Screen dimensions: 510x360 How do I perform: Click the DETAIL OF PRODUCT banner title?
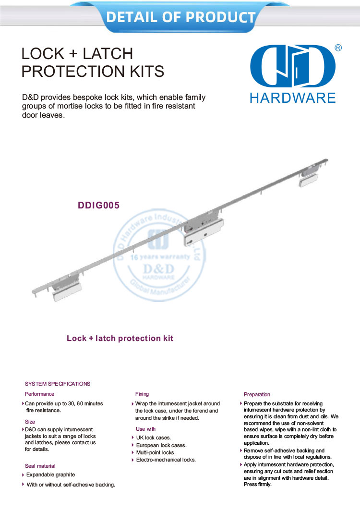point(180,17)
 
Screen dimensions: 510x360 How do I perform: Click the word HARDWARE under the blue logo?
point(292,98)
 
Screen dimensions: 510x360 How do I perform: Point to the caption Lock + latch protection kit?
point(120,339)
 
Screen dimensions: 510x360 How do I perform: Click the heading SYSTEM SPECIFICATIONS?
point(58,384)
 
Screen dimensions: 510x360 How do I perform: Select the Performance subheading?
point(39,394)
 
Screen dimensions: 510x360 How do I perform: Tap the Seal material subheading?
point(40,466)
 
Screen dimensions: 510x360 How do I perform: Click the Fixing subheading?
point(142,394)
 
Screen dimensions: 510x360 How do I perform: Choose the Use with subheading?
point(145,429)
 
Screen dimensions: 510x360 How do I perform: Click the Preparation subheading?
point(257,394)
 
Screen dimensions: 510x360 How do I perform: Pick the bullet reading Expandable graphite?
point(50,475)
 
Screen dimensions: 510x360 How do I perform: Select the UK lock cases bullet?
point(153,437)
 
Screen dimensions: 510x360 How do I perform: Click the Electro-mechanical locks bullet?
point(166,460)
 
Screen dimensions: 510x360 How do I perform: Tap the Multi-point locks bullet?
point(156,452)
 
